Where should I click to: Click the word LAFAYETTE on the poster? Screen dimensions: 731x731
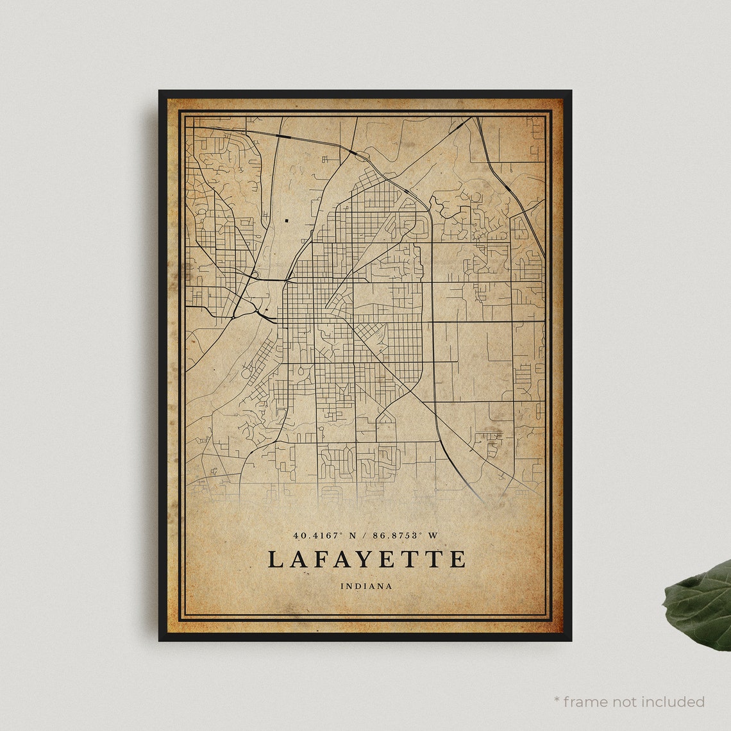[x=366, y=559]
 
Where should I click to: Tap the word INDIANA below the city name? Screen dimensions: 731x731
[x=366, y=586]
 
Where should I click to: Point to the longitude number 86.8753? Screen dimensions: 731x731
[x=398, y=535]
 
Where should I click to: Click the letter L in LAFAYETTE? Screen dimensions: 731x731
[x=274, y=559]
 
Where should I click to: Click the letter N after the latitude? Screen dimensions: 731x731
[x=352, y=535]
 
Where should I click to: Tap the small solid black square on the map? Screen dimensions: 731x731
[x=286, y=221]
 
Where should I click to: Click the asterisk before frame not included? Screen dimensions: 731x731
[x=557, y=700]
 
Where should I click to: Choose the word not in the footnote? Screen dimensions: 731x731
[x=625, y=702]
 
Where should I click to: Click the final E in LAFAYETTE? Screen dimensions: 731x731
[x=458, y=559]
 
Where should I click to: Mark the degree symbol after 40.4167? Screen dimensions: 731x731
[x=342, y=533]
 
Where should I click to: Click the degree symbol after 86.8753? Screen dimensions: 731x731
[x=424, y=533]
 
